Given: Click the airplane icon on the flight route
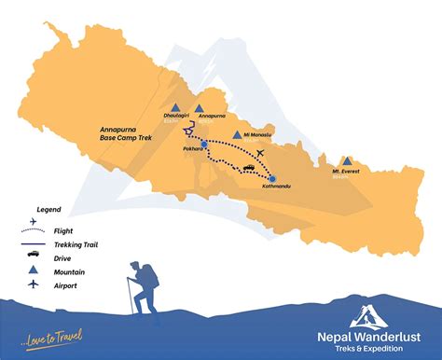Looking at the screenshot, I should pos(259,152).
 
